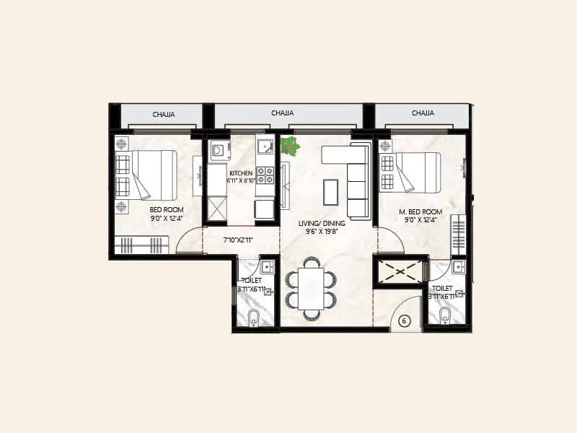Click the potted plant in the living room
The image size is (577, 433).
point(290,145)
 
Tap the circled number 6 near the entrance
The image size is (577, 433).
point(404,322)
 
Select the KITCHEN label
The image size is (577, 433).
point(240,174)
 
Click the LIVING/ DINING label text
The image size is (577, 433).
point(322,223)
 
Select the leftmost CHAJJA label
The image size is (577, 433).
point(162,114)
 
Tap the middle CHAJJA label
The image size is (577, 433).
point(282,113)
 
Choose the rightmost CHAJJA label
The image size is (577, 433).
point(423,113)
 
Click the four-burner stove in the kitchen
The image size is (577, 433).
point(265,175)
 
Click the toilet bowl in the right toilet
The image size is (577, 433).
point(445,314)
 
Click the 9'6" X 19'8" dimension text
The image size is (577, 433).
point(322,232)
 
